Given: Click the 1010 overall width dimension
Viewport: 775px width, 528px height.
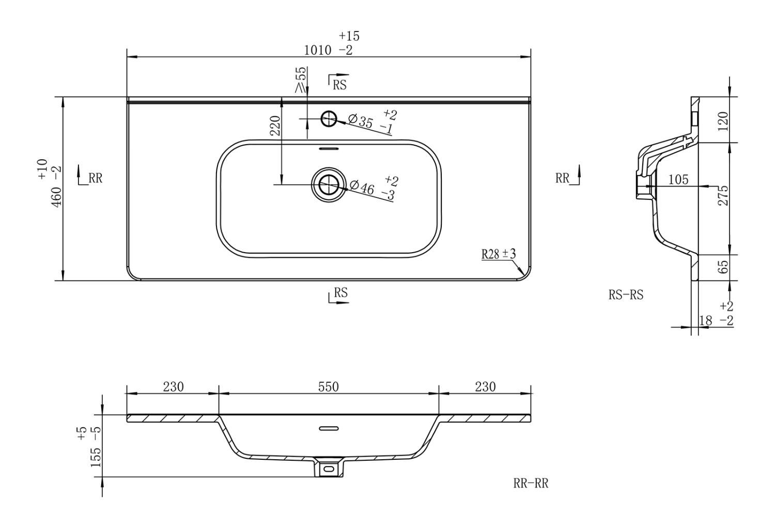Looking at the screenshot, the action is click(317, 51).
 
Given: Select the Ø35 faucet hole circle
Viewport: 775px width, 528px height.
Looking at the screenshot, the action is click(329, 119).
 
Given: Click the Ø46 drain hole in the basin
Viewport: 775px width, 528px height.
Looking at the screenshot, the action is click(329, 184).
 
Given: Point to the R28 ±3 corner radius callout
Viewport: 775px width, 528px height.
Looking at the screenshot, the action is click(499, 254).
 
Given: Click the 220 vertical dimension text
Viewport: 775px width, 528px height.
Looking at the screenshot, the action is click(275, 126).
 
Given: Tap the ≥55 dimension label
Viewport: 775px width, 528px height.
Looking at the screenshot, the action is click(301, 80).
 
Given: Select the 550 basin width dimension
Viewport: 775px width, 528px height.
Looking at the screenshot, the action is click(328, 387).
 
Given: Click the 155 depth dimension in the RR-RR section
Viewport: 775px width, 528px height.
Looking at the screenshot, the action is click(96, 457).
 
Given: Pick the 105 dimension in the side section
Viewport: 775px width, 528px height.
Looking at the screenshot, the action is click(678, 180).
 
